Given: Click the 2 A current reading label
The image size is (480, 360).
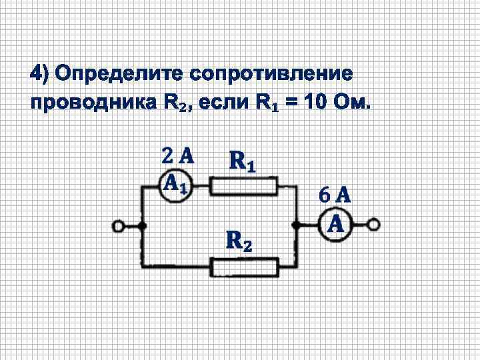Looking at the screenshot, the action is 177,156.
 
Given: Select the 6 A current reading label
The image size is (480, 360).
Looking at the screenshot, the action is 335,195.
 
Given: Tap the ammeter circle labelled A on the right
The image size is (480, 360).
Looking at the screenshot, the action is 336,225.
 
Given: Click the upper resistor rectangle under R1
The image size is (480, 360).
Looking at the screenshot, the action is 244,186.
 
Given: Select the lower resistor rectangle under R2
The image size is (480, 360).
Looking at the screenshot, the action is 245,267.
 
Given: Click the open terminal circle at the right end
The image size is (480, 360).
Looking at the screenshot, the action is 375,225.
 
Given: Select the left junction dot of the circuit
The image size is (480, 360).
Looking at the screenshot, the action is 142,227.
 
